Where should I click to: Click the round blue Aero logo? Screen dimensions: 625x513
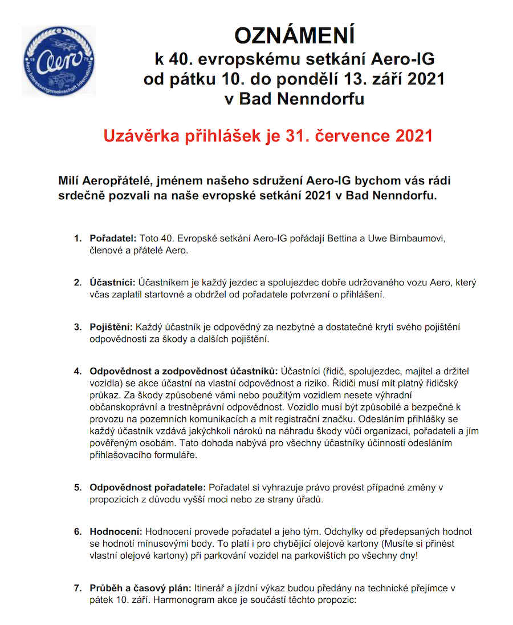[59, 60]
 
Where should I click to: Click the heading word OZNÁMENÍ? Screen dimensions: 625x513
[294, 36]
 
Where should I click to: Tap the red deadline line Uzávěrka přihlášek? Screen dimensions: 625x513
[268, 136]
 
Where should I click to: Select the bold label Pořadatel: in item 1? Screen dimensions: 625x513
[113, 238]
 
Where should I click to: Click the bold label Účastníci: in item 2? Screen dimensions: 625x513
[112, 283]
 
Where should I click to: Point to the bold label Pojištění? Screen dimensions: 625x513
[111, 327]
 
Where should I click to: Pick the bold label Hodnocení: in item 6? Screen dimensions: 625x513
[117, 531]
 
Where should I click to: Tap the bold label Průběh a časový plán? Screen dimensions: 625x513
[141, 587]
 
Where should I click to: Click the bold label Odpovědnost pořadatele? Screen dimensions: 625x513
[147, 487]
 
